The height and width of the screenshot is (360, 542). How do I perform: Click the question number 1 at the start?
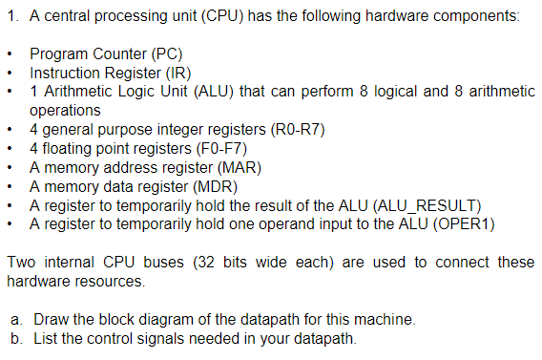10,16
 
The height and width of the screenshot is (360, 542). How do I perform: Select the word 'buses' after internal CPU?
155,262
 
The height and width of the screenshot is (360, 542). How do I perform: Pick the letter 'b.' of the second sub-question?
16,337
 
